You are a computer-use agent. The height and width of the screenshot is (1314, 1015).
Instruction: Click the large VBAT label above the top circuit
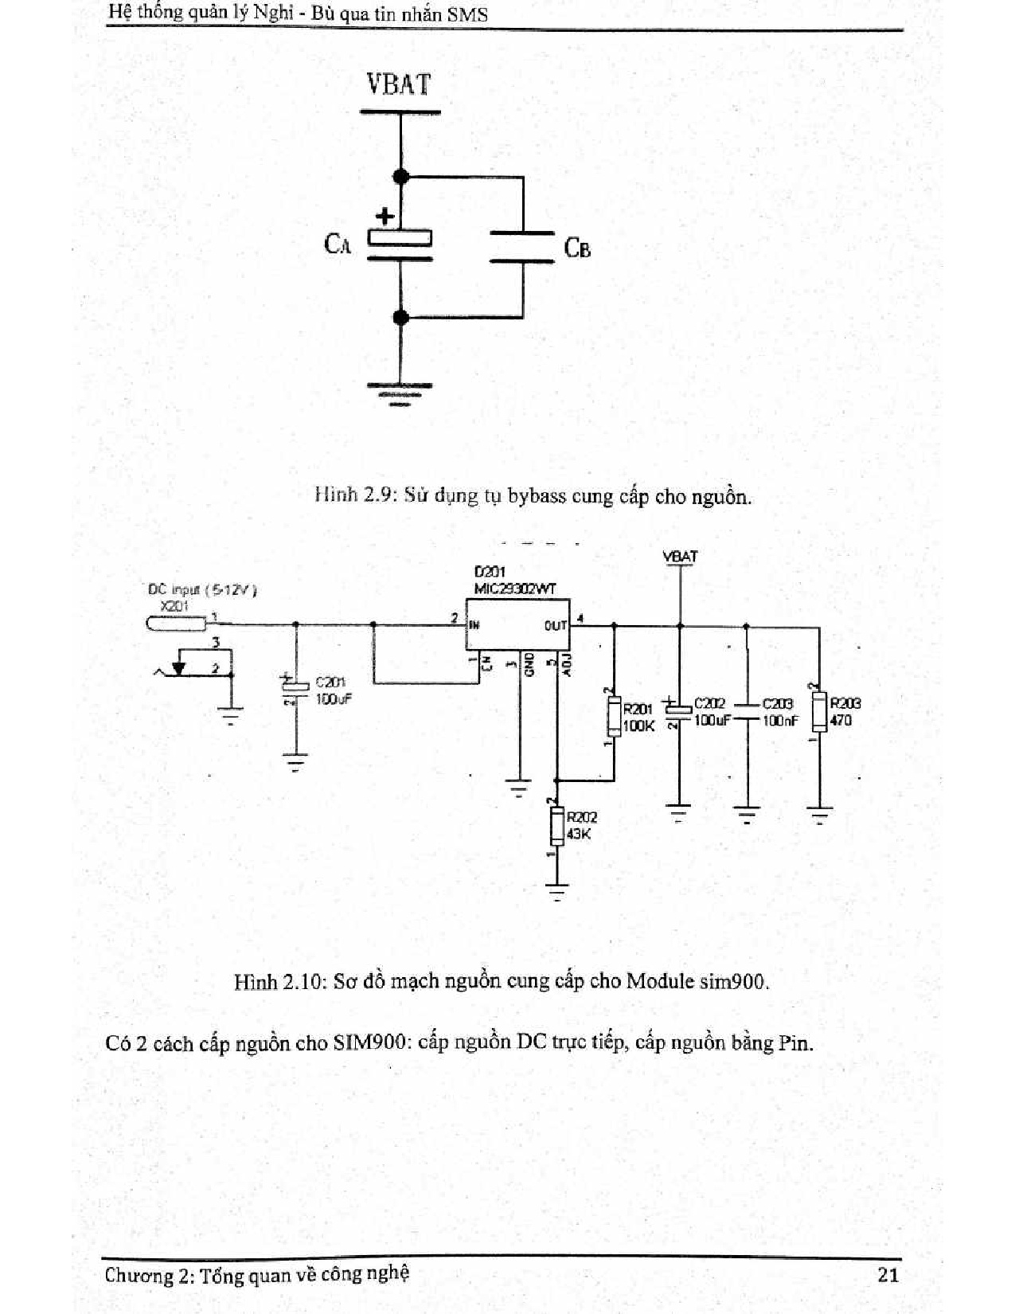click(x=399, y=84)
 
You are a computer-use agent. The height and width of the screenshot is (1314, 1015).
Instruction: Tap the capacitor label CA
click(x=338, y=243)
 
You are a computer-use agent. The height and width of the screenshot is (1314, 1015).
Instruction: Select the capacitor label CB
click(x=577, y=248)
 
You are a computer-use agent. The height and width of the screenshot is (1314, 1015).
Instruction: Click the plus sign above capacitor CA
click(x=385, y=216)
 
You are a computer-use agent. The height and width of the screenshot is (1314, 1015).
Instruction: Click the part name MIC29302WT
click(x=515, y=589)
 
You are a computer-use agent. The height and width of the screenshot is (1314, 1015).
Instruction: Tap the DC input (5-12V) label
click(x=202, y=590)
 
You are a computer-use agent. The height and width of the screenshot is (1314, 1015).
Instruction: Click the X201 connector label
click(x=174, y=606)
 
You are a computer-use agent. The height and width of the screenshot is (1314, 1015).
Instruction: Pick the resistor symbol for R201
click(x=614, y=715)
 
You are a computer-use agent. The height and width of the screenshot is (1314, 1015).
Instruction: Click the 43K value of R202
click(x=579, y=834)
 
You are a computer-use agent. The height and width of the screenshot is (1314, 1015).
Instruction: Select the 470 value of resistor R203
click(x=841, y=720)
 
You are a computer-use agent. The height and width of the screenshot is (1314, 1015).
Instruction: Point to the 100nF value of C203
click(x=780, y=720)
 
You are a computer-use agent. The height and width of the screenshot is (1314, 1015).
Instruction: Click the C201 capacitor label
click(x=330, y=682)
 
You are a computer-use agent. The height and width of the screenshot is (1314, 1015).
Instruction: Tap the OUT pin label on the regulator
click(x=555, y=626)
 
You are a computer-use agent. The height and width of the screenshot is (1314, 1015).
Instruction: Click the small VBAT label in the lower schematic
click(x=680, y=557)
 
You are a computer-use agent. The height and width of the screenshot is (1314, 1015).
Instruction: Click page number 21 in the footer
click(x=888, y=1274)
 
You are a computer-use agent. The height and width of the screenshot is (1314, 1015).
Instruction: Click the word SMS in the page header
click(x=467, y=14)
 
